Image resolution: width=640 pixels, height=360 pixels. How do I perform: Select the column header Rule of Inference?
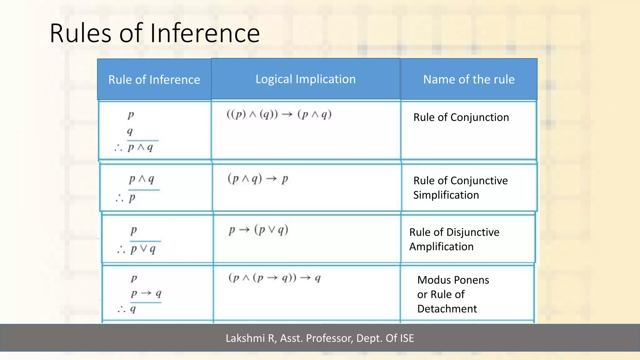pos(154,80)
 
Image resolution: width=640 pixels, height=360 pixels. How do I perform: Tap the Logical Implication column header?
pos(305,79)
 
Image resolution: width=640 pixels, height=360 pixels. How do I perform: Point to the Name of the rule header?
pos(468,79)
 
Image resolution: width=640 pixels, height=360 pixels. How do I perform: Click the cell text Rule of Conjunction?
pos(461,117)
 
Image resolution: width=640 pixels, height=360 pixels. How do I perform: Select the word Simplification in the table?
pos(446,195)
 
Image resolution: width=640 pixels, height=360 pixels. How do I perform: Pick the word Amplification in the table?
pos(441,247)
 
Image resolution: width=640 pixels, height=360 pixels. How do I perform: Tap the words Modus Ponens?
pos(453,280)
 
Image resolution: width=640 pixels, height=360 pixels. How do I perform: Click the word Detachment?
pos(447,309)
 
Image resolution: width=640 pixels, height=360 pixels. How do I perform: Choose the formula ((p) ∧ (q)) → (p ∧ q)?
pos(279,114)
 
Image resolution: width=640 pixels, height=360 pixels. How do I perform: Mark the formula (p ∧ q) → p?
pos(258,179)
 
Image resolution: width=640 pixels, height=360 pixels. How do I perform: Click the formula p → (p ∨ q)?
pos(258,230)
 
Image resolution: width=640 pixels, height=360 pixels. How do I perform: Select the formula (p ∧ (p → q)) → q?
pos(274,278)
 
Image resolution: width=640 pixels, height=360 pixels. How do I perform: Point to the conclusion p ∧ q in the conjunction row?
pos(140,147)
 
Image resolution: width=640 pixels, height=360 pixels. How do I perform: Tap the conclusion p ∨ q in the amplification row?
pos(143,249)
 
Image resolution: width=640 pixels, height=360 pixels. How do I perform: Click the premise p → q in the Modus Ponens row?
pos(146,293)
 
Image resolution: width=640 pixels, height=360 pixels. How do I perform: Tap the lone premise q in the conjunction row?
pos(130,131)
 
